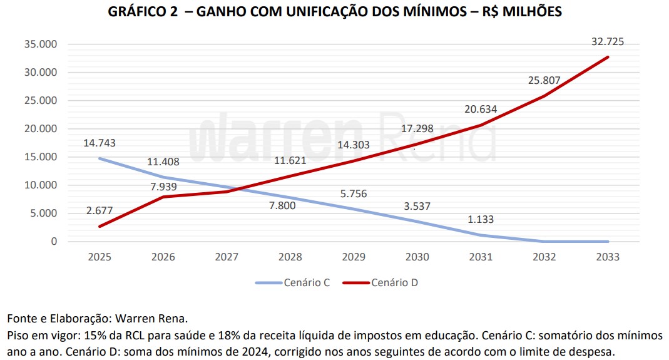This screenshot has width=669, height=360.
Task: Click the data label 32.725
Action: point(607,43)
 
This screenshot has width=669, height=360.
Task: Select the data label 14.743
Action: point(100,143)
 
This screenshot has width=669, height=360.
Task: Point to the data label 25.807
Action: point(544,80)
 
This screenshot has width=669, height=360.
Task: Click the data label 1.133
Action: point(480,219)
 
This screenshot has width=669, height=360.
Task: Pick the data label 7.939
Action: point(163,186)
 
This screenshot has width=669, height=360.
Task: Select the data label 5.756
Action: point(353,194)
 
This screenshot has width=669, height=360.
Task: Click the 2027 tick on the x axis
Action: point(227,257)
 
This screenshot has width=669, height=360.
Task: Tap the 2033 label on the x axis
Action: point(607,257)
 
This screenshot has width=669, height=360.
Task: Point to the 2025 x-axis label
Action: point(100,257)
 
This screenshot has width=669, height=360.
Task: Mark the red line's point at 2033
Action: point(607,57)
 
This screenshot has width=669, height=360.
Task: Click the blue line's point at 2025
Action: point(100,158)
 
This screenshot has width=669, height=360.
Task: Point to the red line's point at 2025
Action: point(100,226)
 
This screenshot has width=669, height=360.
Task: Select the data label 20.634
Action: point(480,110)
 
